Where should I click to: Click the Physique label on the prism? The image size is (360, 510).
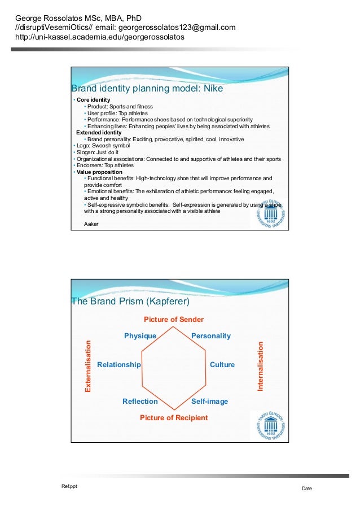[140, 336]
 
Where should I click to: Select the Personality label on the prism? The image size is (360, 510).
[210, 336]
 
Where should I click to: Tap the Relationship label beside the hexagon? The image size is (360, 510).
[118, 365]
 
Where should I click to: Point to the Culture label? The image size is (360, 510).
[222, 365]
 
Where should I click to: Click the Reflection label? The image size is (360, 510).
[140, 402]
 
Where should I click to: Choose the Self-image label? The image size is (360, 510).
[209, 402]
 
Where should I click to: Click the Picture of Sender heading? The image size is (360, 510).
[173, 320]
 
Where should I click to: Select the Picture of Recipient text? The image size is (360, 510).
[173, 418]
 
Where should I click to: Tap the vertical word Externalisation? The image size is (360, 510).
[88, 366]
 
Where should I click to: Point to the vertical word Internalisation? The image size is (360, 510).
[261, 366]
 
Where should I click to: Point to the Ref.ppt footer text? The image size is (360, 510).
[69, 486]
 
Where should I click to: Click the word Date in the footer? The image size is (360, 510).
[306, 489]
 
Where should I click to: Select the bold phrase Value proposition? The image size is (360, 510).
[99, 172]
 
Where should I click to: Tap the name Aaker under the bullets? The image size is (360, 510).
[91, 224]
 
